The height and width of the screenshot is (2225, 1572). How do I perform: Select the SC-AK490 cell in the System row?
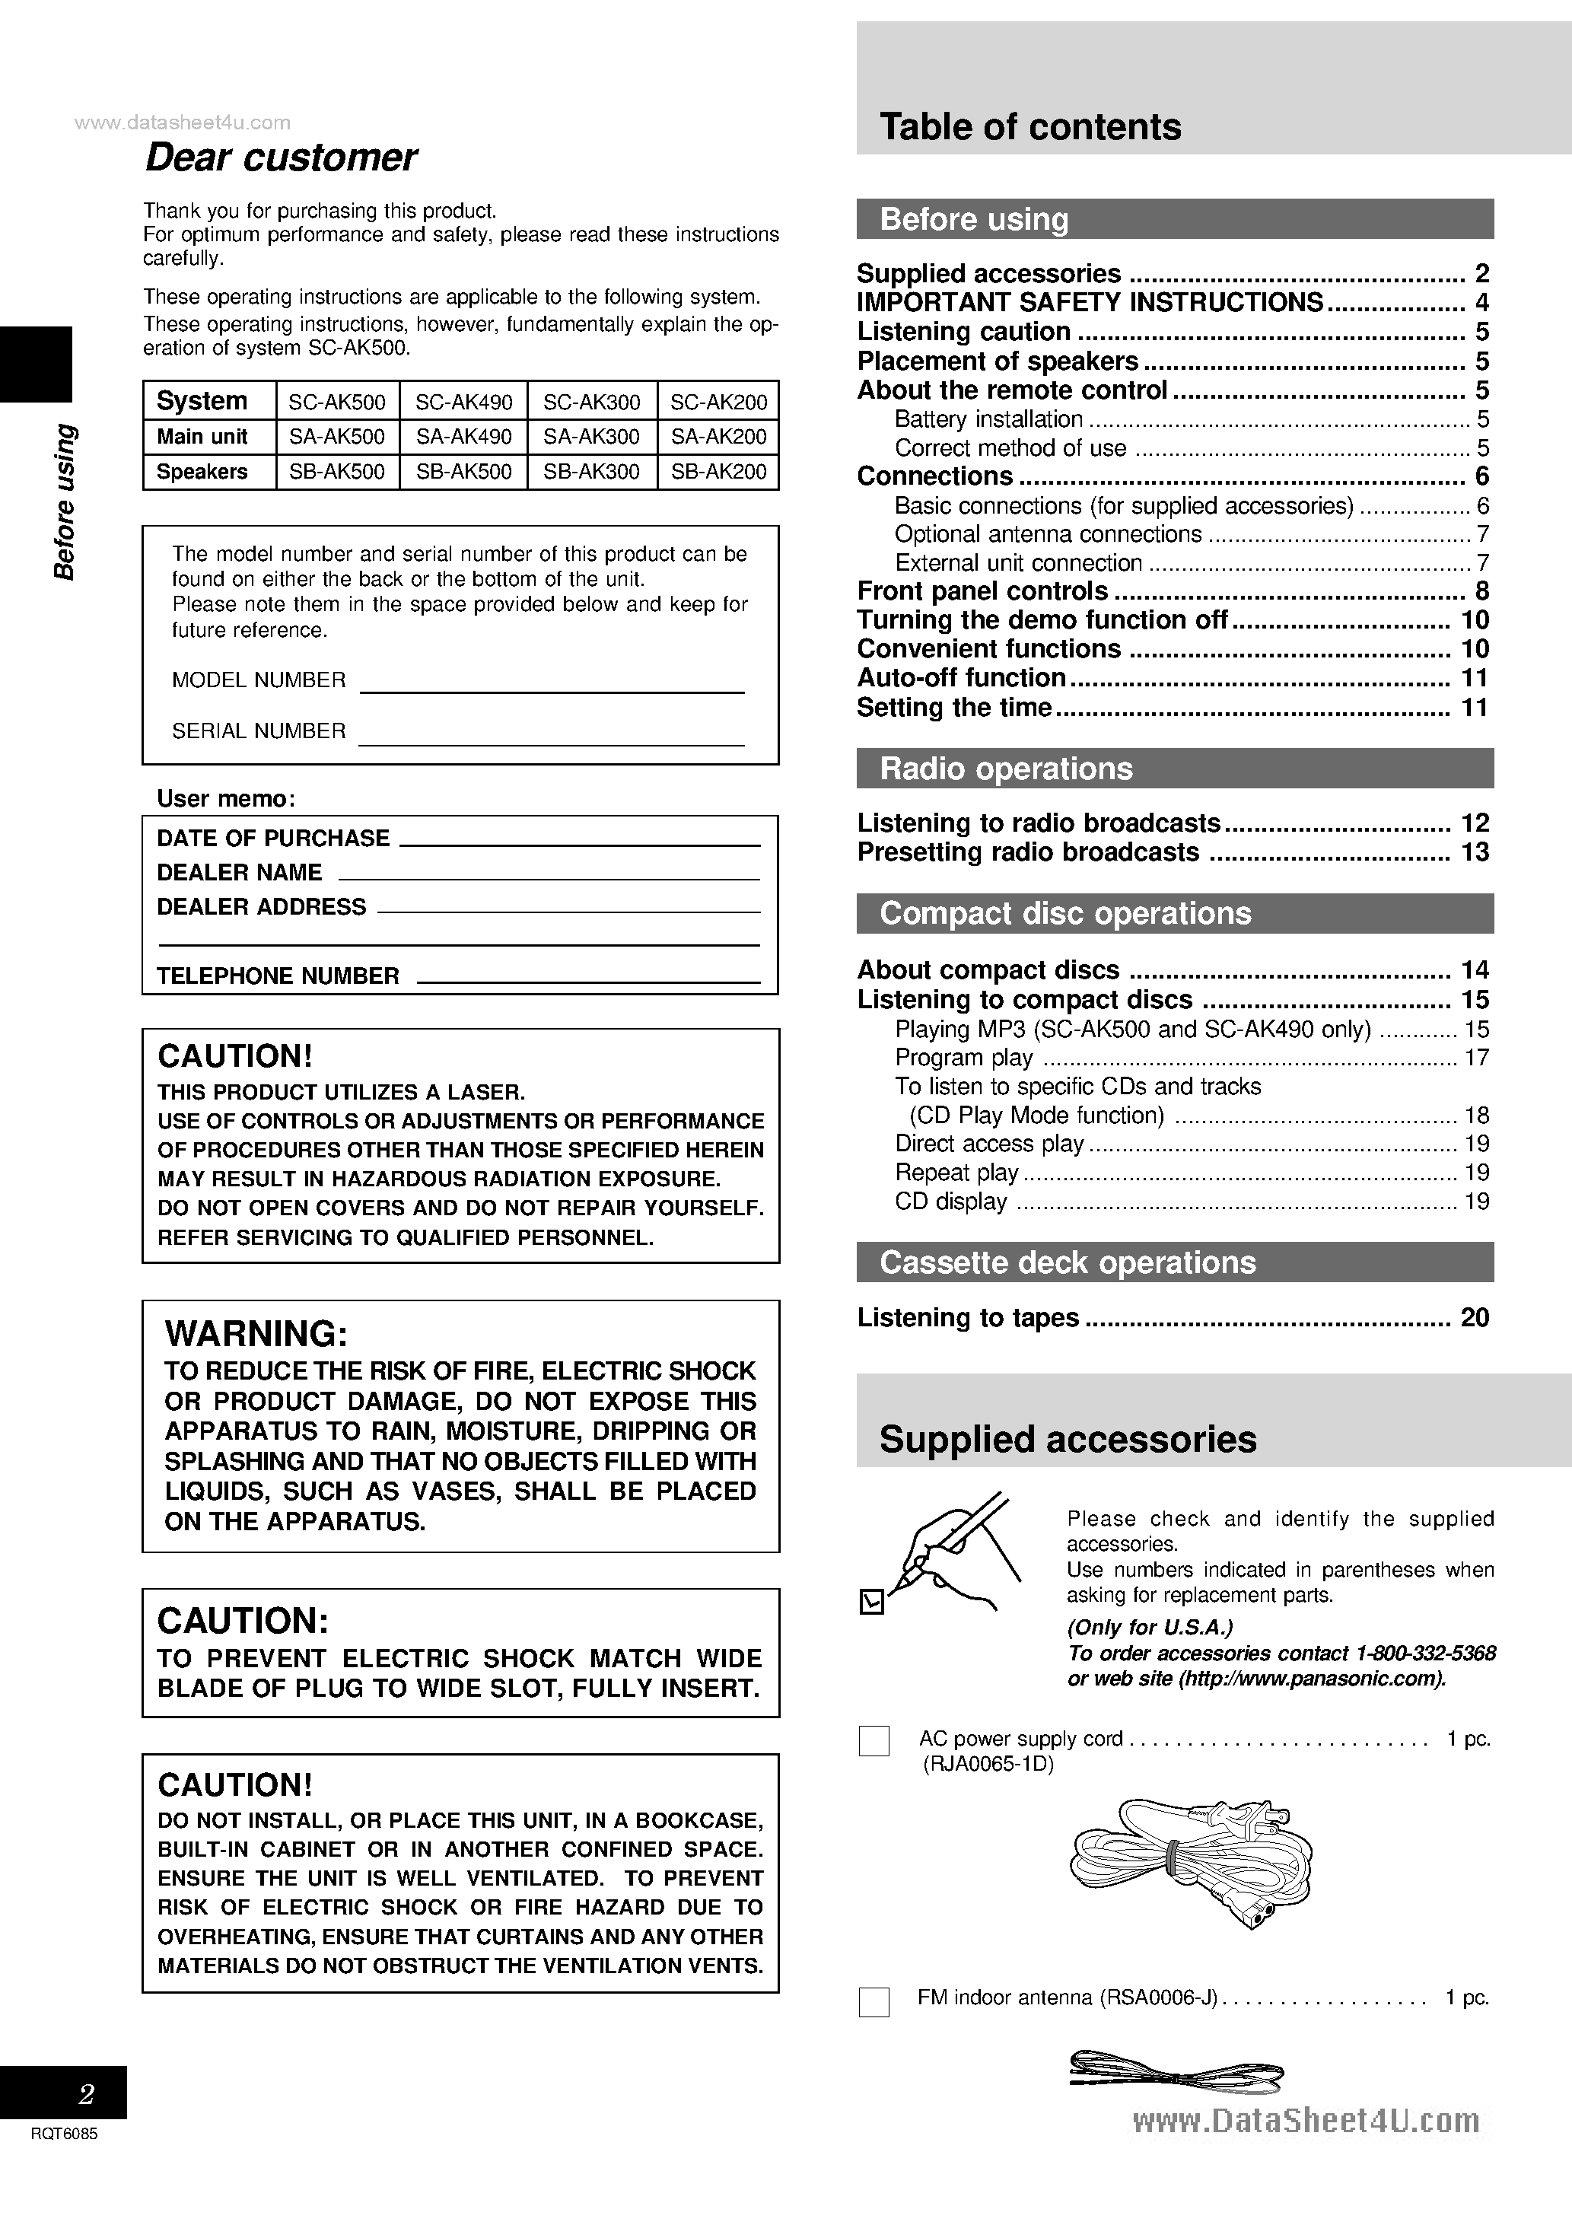pos(464,401)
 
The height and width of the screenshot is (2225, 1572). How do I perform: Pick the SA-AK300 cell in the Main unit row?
pos(591,437)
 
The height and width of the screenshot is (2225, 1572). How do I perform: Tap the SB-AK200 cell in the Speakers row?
pos(718,472)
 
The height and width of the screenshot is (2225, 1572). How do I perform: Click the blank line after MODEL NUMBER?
pos(552,684)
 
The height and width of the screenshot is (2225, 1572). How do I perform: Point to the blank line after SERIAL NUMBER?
pos(552,736)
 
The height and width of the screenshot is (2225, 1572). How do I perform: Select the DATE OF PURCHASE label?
pos(272,839)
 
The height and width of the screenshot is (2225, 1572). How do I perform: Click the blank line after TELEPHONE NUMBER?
pos(587,977)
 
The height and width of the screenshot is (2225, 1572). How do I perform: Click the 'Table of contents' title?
pos(1029,127)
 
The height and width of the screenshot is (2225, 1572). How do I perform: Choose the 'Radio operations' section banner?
pos(1005,769)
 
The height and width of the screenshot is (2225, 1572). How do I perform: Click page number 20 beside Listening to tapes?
pos(1474,1318)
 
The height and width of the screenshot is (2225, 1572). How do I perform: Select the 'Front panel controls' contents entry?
pos(982,591)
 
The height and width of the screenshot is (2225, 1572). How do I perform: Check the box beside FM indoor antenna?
pos(874,2002)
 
